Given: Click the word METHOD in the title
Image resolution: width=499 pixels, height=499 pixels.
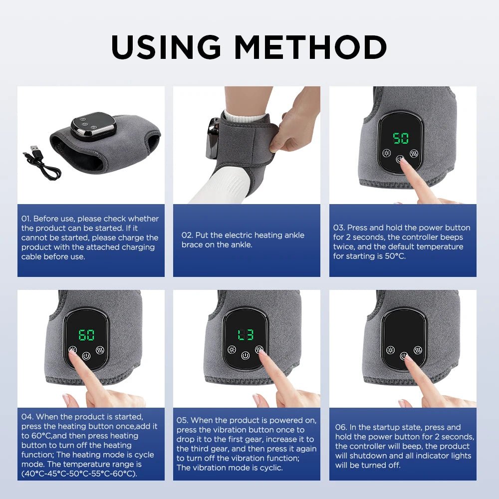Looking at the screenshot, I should [310, 47].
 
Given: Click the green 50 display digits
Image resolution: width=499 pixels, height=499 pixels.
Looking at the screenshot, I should [401, 138].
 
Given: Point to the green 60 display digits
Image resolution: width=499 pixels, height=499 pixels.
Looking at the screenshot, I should [86, 334].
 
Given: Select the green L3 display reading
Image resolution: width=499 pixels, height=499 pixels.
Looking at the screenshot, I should [245, 334].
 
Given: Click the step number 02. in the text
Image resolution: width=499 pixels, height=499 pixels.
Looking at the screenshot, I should [187, 235].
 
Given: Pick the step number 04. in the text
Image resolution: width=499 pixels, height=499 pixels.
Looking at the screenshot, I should [27, 417].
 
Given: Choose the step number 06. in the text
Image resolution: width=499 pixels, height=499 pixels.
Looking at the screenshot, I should [341, 427].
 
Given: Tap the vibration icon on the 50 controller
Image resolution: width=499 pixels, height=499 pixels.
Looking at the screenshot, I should [414, 154].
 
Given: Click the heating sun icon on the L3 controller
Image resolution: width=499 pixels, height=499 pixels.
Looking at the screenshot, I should [231, 349].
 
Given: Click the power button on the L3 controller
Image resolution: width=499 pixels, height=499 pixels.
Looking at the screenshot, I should [245, 356].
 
